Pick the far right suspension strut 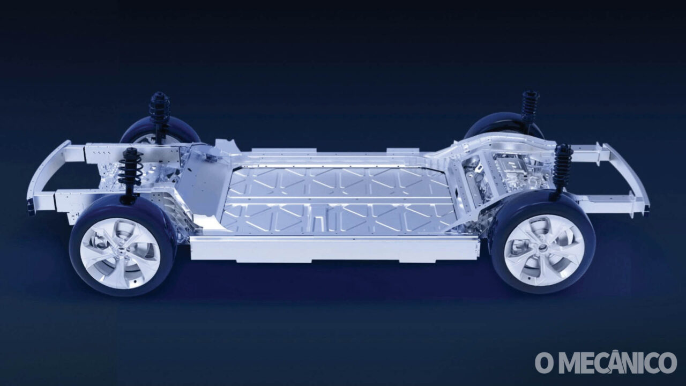click(x=531, y=108)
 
